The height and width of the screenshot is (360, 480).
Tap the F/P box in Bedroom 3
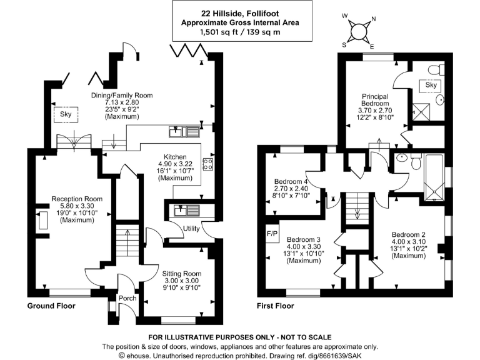point(272,235)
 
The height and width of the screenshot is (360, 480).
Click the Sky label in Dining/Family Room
point(66,115)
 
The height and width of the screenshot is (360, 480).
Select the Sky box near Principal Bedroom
point(432,85)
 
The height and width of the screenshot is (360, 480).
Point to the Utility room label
point(191,229)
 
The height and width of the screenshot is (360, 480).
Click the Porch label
point(127,298)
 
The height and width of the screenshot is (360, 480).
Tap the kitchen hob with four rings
point(208,164)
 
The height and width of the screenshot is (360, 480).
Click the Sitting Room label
point(182,274)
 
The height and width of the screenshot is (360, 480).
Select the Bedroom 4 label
point(291,183)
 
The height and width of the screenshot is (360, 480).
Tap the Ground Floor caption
point(51,307)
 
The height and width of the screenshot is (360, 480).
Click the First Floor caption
point(276,307)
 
